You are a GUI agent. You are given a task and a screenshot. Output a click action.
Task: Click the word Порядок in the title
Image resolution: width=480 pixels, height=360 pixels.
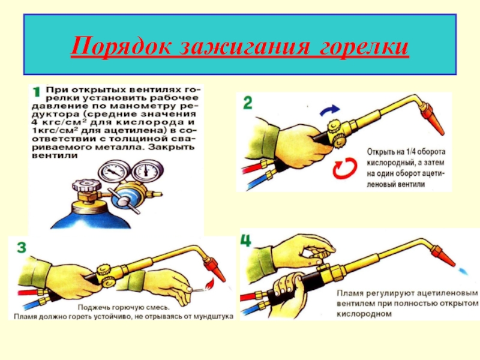click(121, 47)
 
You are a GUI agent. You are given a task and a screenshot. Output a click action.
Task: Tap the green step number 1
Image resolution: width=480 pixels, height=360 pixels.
click(37, 92)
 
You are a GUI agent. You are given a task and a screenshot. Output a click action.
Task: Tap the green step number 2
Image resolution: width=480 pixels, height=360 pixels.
click(247, 103)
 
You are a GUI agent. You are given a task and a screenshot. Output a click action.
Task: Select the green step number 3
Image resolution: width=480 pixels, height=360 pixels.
click(22, 247)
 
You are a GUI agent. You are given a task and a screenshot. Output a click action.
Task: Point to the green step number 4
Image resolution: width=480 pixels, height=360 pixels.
click(246, 240)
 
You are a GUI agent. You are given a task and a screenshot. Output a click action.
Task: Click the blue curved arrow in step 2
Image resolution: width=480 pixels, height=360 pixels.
click(329, 110)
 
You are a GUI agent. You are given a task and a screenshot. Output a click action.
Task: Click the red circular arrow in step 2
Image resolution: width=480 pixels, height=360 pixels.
click(345, 168)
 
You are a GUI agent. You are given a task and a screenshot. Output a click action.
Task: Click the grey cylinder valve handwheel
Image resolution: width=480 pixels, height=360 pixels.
click(86, 186)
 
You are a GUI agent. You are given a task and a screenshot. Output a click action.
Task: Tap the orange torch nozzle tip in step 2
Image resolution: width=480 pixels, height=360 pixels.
click(433, 119)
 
